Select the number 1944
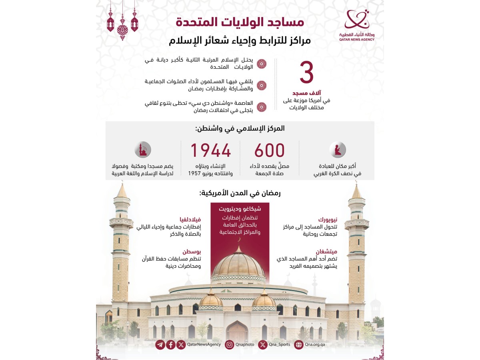click(x=210, y=151)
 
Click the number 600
click(x=270, y=151)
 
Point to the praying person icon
click(x=338, y=150)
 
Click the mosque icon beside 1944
click(x=143, y=150)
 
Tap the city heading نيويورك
click(x=328, y=220)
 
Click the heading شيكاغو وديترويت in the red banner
click(x=240, y=209)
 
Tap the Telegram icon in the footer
click(x=160, y=344)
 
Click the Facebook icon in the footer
click(x=171, y=344)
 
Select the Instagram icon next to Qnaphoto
click(x=229, y=344)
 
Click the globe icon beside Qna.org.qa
click(x=298, y=344)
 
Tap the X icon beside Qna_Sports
click(x=263, y=344)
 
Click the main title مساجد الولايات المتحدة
click(x=240, y=22)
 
